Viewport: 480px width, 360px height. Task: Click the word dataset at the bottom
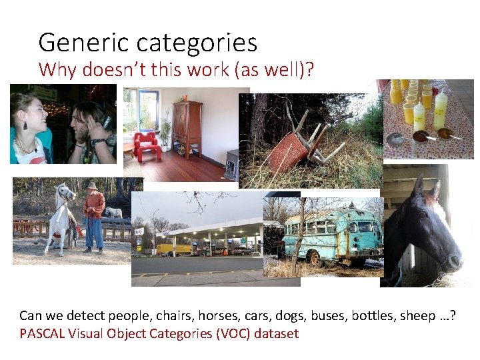pos(275,333)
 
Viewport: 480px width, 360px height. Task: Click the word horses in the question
pos(217,315)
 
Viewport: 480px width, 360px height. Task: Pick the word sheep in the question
pos(417,315)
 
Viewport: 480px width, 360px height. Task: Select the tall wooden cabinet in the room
pos(187,128)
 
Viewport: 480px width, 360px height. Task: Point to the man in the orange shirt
pos(93,215)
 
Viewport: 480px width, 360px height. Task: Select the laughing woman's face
pos(27,113)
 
